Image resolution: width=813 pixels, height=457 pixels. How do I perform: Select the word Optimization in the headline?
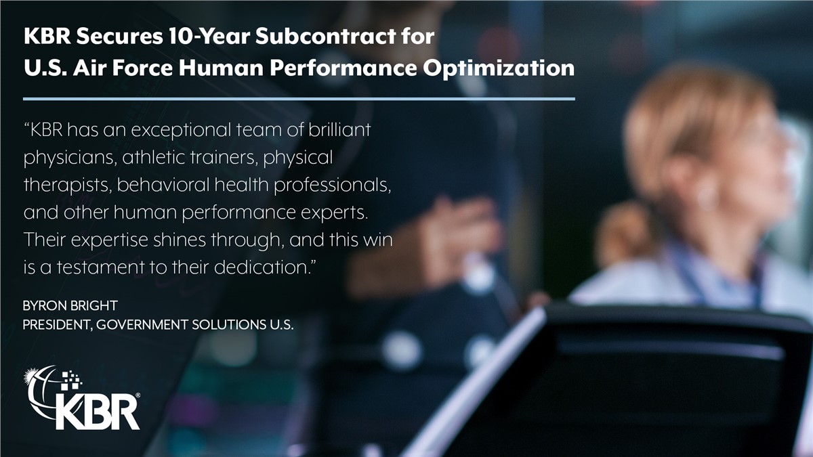point(499,69)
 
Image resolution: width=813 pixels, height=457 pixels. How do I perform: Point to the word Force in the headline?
point(142,68)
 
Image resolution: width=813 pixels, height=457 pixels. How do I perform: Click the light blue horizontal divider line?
point(299,99)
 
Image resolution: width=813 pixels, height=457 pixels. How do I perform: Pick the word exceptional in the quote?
point(181,131)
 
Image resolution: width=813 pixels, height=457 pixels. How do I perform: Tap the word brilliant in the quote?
point(339,129)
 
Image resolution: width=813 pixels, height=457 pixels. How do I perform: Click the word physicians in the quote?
point(69,158)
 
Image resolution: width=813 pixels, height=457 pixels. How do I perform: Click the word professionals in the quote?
point(333,186)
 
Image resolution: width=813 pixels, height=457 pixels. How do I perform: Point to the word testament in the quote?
point(100,267)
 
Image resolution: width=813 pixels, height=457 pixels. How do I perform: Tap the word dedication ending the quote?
point(263,267)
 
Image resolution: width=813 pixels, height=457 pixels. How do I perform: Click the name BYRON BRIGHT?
point(70,306)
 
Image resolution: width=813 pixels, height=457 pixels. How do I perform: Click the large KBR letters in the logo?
point(98,412)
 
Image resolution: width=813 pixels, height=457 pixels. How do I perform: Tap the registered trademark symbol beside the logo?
point(138,395)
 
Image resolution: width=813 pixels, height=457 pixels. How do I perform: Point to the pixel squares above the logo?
point(71,380)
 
